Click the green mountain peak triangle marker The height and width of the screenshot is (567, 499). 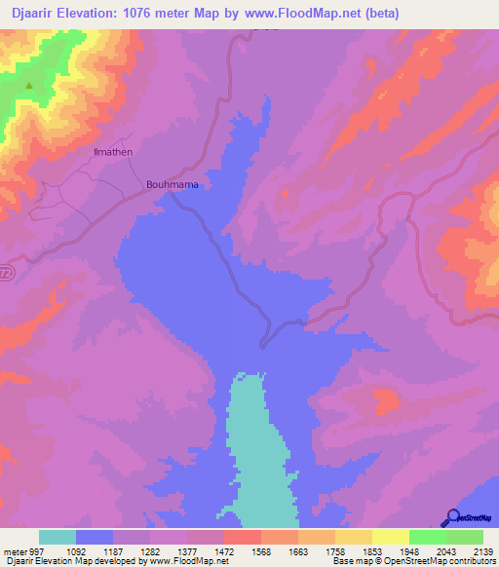(28, 85)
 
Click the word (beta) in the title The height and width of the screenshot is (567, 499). (378, 14)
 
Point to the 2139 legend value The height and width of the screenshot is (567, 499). (471, 550)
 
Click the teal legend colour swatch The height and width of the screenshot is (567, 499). (58, 537)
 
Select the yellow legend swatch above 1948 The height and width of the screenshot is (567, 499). (390, 537)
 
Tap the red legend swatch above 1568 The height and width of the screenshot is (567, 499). (242, 537)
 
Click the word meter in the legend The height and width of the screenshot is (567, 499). (14, 550)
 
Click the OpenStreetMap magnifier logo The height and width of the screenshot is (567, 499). (452, 517)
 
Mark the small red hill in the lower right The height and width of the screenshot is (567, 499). (387, 398)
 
